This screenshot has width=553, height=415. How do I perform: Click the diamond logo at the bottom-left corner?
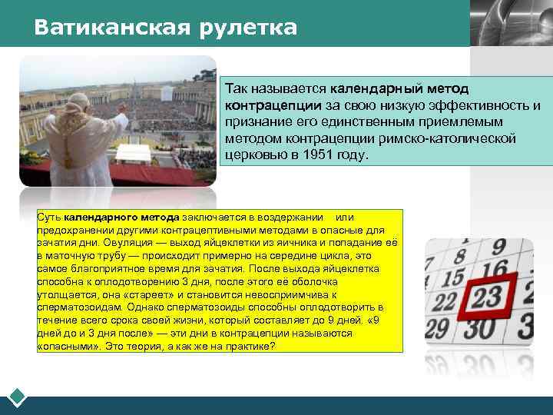pos(18,399)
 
